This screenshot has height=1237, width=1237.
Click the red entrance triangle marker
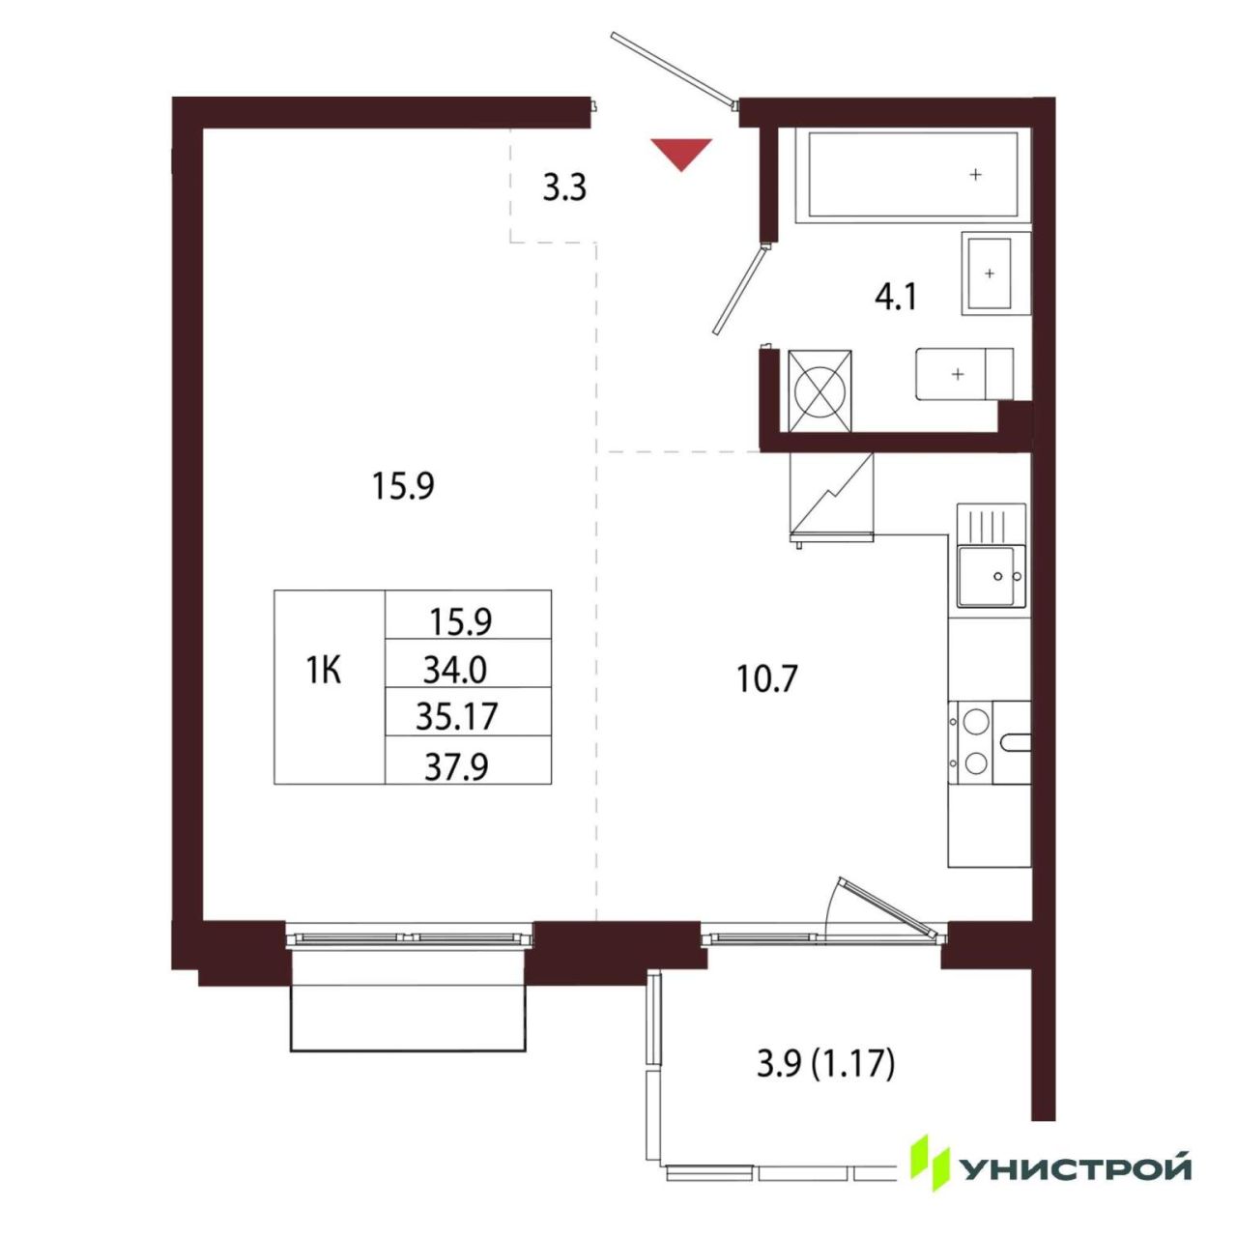pos(681,152)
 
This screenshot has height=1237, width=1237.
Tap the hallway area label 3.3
pos(564,188)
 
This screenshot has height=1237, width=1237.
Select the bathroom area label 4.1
pos(896,298)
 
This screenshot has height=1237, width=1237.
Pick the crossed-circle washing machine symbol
pos(820,390)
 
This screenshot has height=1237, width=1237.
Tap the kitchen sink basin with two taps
pos(992,576)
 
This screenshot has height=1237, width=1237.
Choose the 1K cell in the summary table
pos(323,672)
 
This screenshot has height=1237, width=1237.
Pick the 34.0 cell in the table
pos(455,671)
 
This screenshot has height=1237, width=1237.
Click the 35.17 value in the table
pos(456,717)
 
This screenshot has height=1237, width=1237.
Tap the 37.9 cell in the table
pos(456,765)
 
